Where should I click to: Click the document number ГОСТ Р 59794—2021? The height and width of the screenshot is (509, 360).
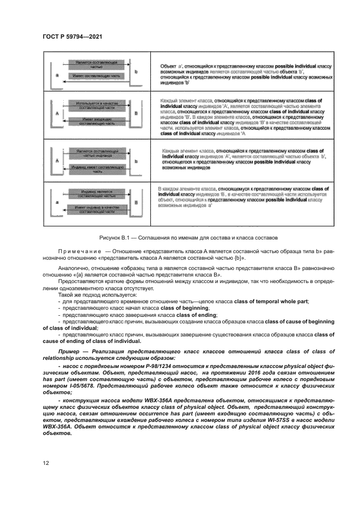tap(72, 36)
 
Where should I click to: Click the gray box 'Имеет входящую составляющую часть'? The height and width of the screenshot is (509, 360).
tap(95, 121)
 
